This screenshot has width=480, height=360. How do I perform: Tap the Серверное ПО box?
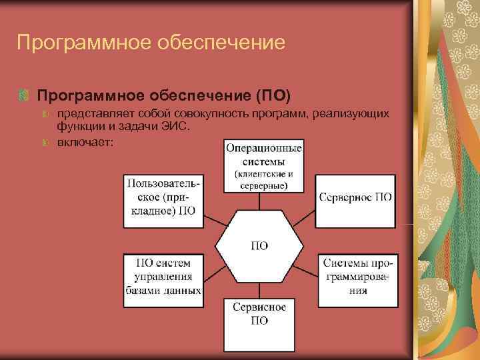[355, 198]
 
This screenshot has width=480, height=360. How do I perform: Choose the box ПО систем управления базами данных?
[163, 277]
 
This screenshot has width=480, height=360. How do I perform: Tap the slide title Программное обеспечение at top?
[151, 43]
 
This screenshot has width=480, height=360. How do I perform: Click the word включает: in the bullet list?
[85, 142]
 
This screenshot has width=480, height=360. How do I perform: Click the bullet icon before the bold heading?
[24, 94]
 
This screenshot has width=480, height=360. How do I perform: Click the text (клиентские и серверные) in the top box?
[263, 180]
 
